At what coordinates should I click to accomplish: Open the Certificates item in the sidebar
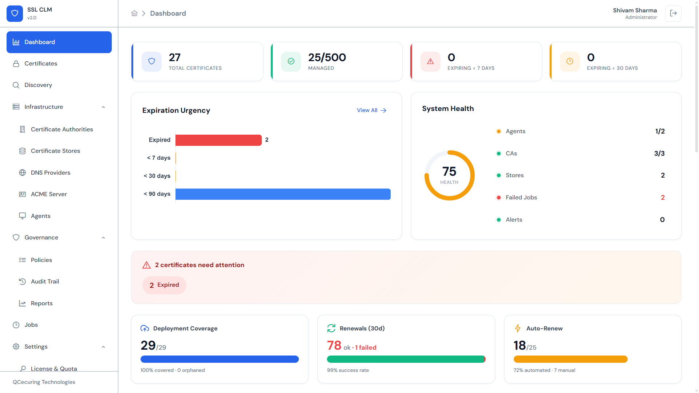[x=41, y=64]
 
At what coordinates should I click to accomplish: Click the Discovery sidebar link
[x=38, y=85]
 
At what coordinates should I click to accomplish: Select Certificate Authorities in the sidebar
[x=62, y=130]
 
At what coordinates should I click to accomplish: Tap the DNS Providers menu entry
[x=51, y=173]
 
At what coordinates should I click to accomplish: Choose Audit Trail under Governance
[x=45, y=282]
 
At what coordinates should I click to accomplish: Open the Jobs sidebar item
[x=31, y=325]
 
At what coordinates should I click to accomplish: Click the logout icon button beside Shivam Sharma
[x=673, y=13]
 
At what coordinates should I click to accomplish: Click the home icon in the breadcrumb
[x=134, y=13]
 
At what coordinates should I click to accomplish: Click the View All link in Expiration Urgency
[x=371, y=110]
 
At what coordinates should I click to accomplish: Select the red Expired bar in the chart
[x=218, y=140]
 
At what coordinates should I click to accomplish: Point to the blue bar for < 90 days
[x=283, y=194]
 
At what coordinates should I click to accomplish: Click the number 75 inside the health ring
[x=449, y=171]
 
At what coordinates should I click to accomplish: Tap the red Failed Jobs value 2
[x=663, y=198]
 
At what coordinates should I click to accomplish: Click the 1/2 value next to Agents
[x=660, y=131]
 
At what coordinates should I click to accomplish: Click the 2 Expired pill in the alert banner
[x=164, y=285]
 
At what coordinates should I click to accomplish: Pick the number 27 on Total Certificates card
[x=175, y=57]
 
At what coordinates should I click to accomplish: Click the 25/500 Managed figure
[x=327, y=57]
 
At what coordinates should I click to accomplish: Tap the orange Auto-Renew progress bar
[x=570, y=359]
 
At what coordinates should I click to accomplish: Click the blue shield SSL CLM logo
[x=15, y=13]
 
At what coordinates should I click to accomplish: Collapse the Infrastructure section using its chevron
[x=103, y=107]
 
